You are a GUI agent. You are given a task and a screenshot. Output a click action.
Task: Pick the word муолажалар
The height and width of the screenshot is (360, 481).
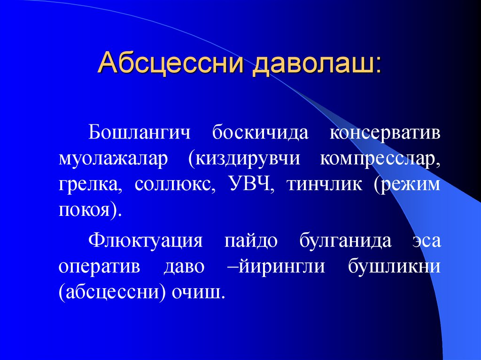(x=113, y=159)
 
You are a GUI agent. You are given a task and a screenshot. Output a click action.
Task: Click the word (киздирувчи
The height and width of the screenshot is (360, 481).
(x=244, y=159)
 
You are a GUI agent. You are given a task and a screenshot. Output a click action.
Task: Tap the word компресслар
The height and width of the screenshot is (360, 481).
(x=380, y=159)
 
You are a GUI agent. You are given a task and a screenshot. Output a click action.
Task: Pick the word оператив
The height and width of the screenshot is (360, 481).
(x=100, y=267)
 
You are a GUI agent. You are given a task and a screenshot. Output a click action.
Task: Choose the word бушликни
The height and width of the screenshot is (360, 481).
(x=394, y=267)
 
